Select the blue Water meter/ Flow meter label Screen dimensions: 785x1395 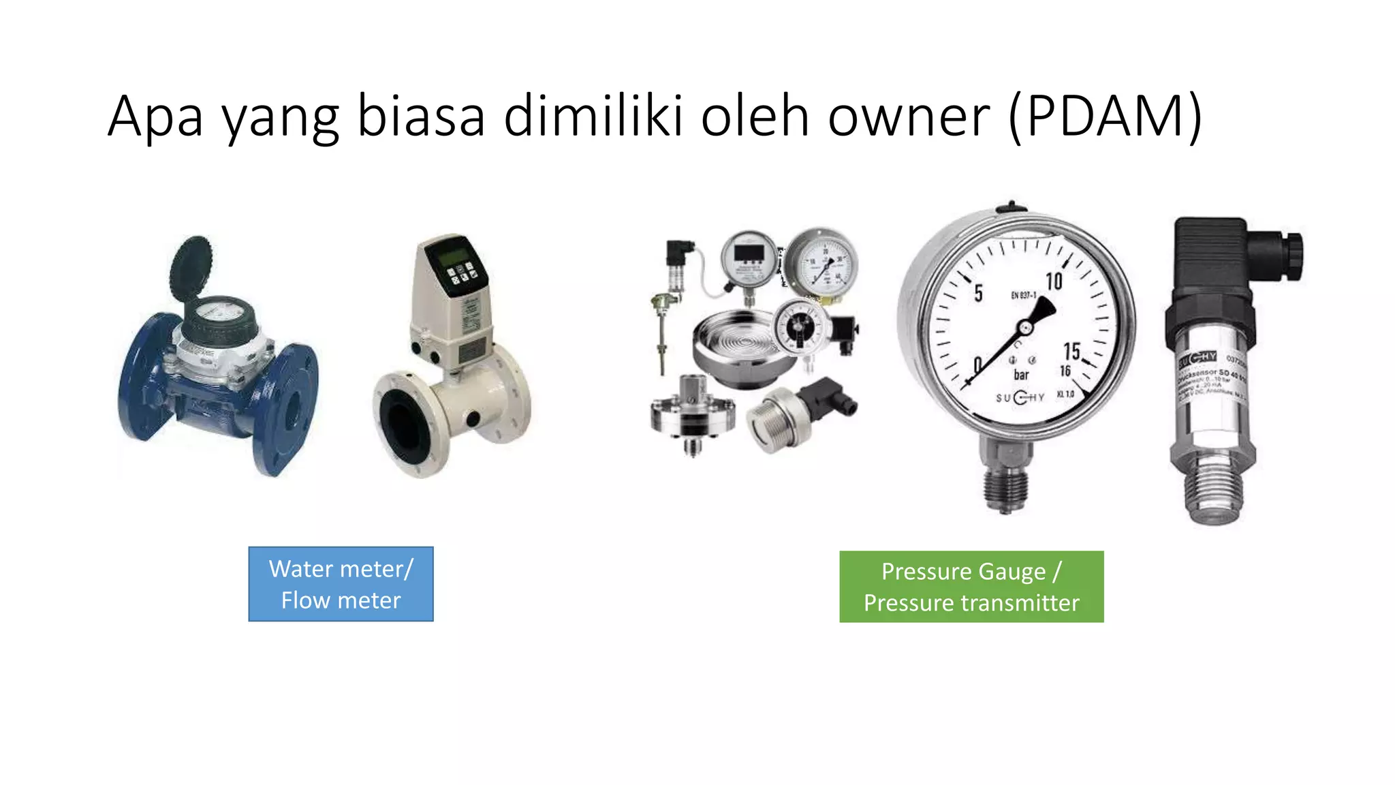point(341,584)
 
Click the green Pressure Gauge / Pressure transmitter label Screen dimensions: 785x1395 point(971,587)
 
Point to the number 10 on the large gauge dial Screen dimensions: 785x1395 point(1054,281)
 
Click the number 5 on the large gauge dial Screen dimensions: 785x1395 point(978,293)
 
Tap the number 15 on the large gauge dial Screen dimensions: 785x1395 point(1071,351)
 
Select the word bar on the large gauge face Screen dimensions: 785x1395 point(1021,375)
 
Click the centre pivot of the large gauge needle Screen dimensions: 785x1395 point(1024,328)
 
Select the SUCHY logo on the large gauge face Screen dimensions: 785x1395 point(1020,397)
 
